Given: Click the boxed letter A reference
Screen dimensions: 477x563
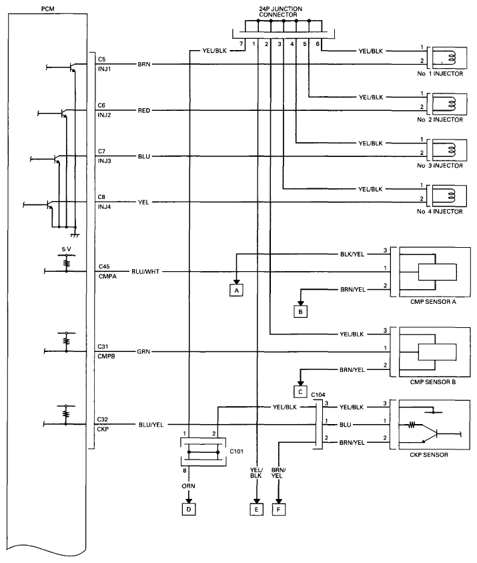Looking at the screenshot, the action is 236,290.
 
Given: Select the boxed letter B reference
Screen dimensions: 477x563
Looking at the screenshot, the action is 301,312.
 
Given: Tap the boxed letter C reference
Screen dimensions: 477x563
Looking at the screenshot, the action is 301,392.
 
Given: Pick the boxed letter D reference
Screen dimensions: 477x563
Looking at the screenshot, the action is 189,510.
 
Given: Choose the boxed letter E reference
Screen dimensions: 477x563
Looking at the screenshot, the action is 256,510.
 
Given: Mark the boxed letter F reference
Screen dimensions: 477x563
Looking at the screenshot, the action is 279,510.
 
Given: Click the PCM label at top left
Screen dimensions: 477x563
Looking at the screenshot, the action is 48,9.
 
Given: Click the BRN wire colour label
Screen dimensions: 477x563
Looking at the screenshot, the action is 144,64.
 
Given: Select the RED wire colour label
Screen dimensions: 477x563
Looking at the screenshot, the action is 144,111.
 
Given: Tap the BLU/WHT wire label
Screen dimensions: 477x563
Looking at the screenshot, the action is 145,272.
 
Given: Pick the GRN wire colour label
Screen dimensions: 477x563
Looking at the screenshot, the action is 143,352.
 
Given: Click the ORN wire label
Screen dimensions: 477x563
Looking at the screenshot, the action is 188,486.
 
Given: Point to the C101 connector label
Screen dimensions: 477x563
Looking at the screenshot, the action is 237,451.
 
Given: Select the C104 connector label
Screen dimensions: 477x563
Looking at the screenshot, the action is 318,395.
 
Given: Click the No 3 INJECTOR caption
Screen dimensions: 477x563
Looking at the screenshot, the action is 440,166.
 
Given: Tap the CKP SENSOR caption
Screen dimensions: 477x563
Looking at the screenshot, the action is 429,455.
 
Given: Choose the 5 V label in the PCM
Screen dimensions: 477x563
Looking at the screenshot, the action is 66,249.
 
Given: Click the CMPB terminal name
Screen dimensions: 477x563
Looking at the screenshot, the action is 106,357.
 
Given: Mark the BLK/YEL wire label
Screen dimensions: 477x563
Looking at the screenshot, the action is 352,254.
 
